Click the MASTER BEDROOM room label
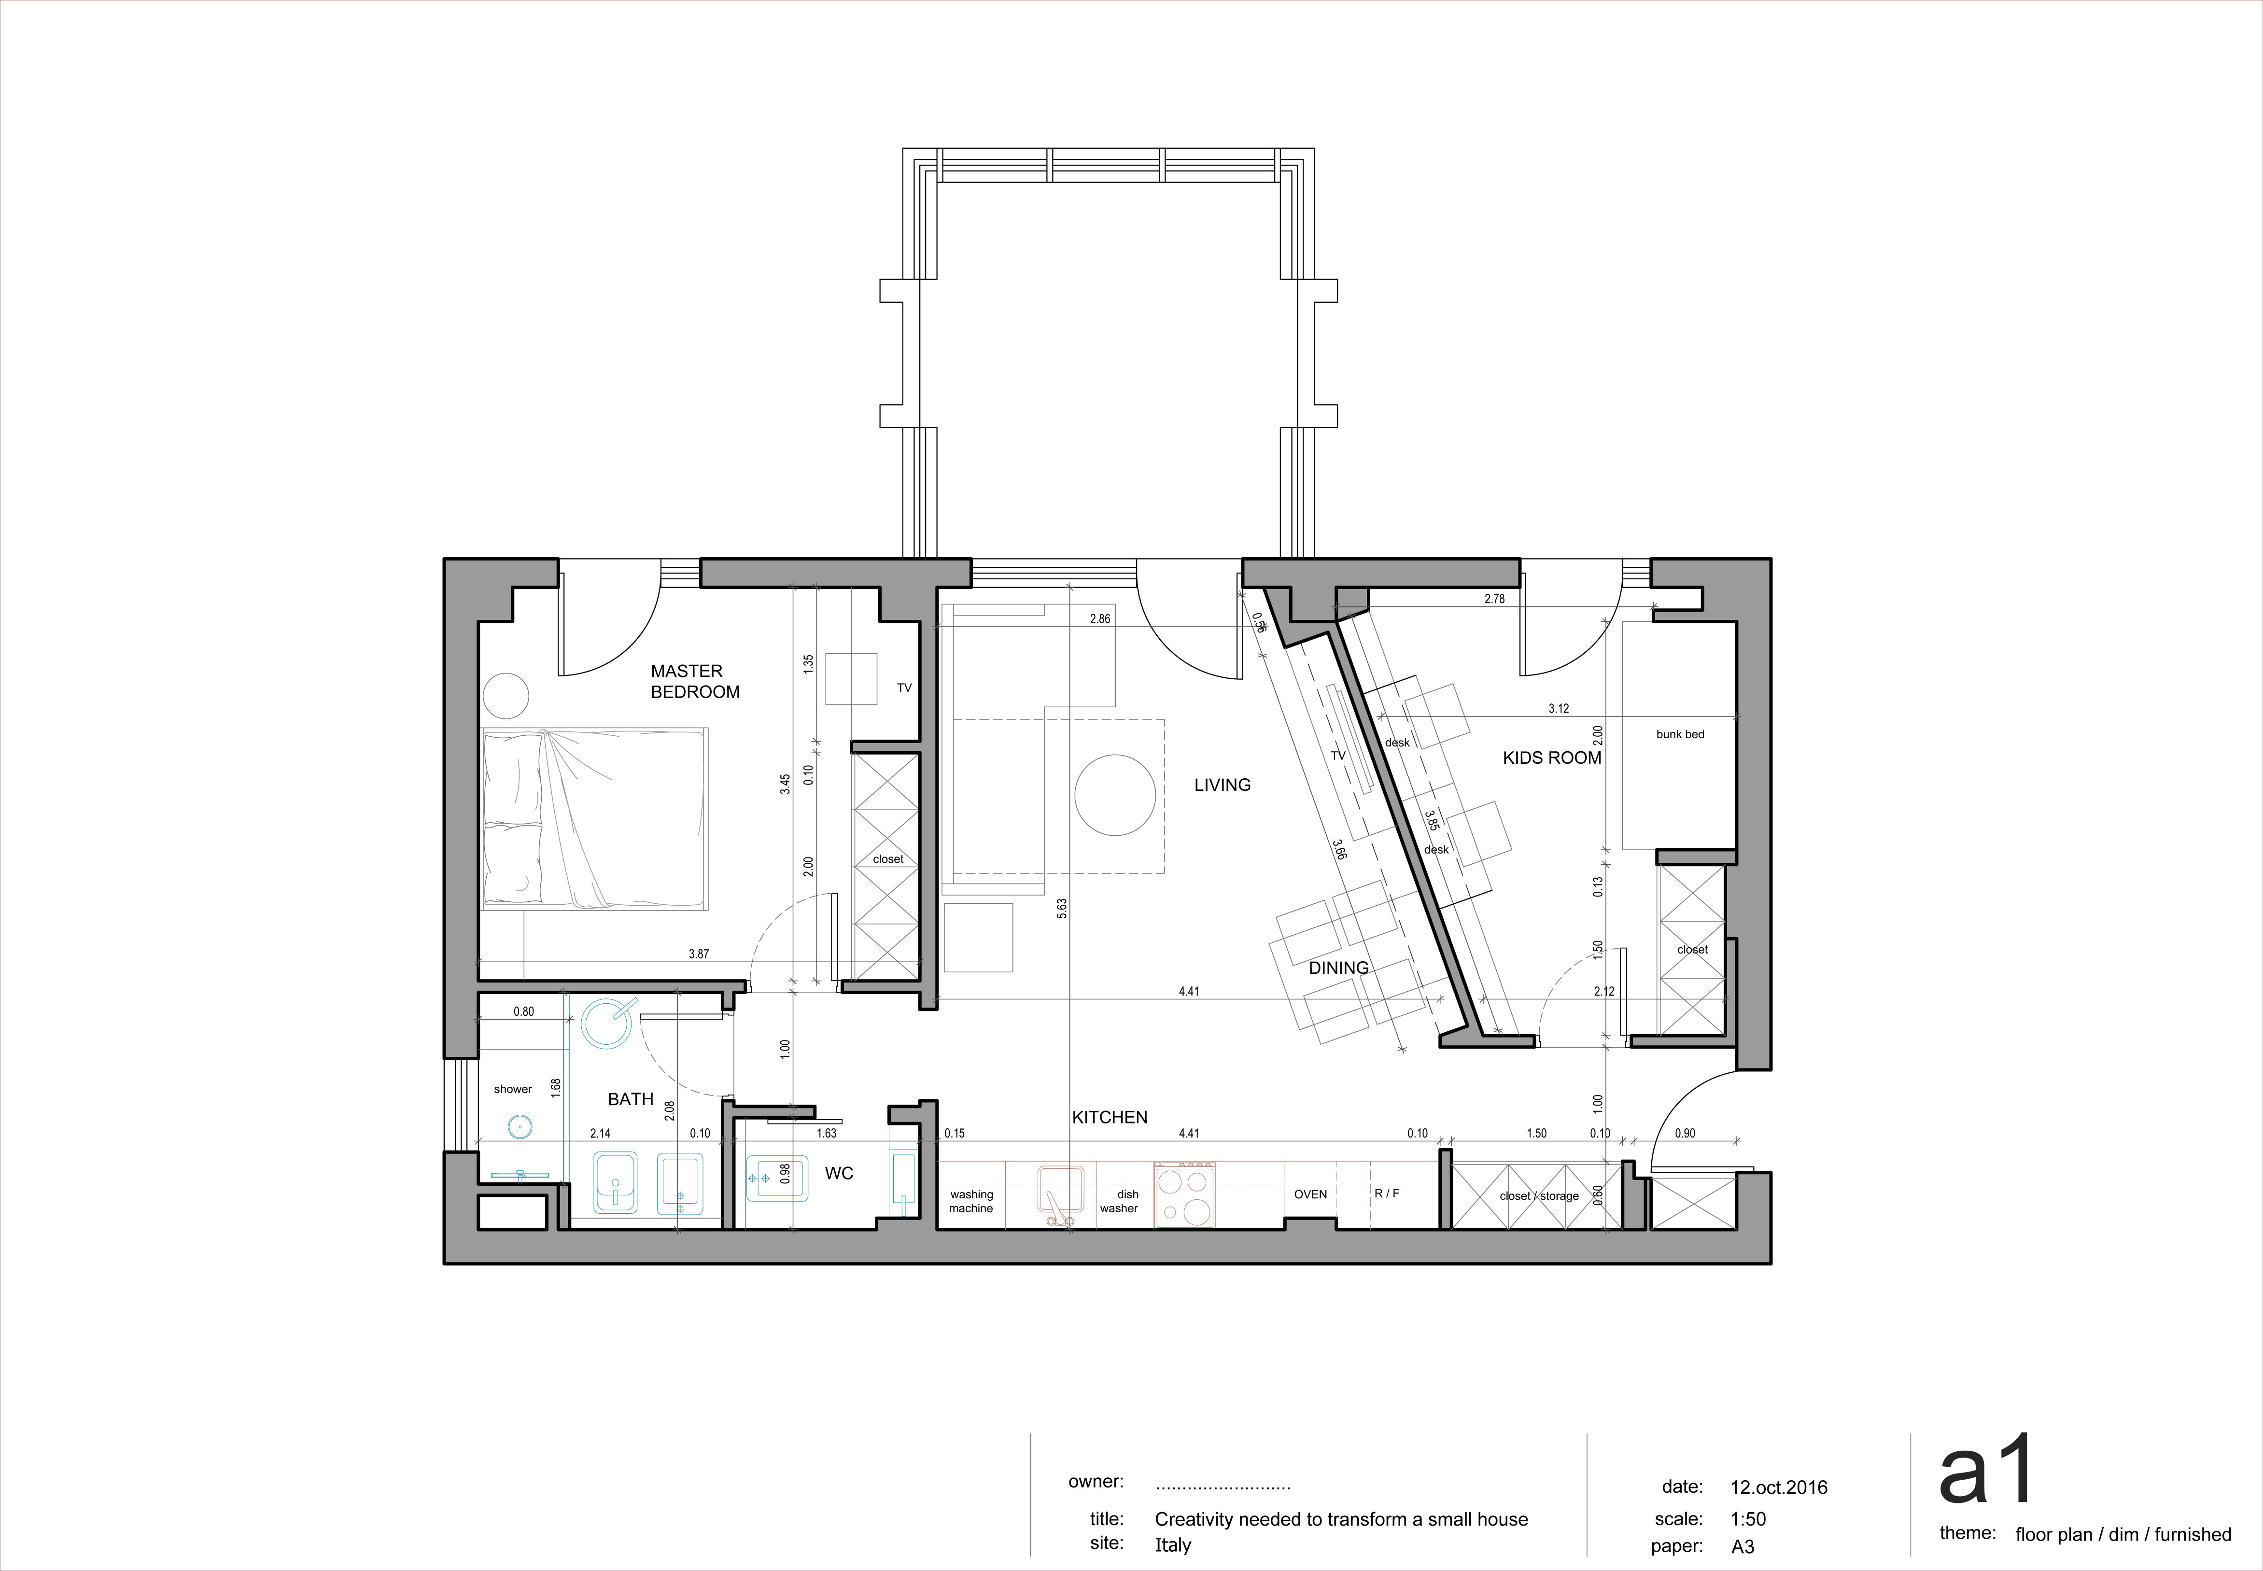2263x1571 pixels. pos(695,681)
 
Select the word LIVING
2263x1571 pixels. pos(1223,785)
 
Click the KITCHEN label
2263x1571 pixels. pos(1110,1117)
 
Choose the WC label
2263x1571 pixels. pos(839,1173)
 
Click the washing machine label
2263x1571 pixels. pos(971,1201)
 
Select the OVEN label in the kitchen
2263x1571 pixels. pos(1310,1194)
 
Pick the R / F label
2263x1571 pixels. pos(1387,1193)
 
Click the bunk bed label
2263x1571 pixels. pos(1680,734)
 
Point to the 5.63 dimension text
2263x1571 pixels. pos(1062,909)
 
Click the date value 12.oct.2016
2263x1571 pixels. pos(1779,1487)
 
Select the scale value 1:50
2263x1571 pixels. pos(1748,1519)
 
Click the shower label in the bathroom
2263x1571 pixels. pos(513,1089)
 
